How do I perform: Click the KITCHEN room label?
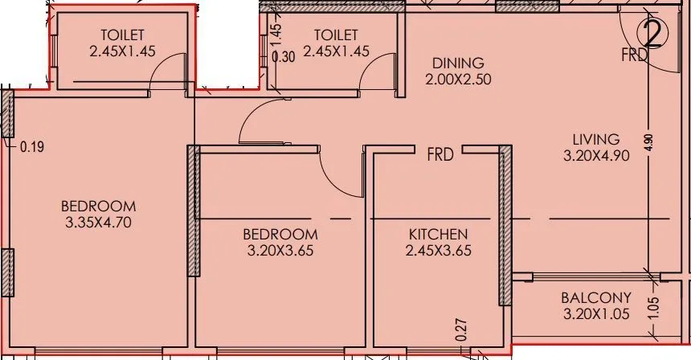(438, 234)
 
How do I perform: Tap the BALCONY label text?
(595, 297)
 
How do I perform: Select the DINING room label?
(457, 63)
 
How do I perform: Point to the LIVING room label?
(591, 139)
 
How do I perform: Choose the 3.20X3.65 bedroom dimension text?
(280, 250)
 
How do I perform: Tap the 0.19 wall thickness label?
(31, 147)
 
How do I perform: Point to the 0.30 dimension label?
(283, 57)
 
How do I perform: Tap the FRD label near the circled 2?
(634, 55)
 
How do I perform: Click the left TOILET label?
(123, 35)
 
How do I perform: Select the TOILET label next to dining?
(335, 35)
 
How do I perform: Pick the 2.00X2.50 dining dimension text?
(457, 79)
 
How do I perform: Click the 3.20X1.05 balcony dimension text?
(595, 313)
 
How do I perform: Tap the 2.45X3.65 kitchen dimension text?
(438, 250)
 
